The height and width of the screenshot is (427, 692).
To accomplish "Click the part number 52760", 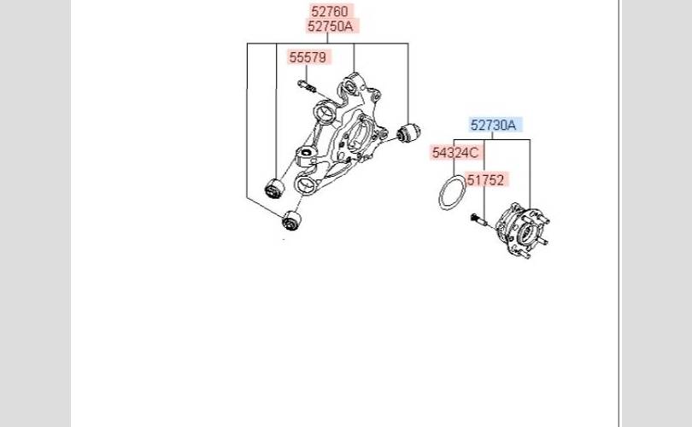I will pos(330,11).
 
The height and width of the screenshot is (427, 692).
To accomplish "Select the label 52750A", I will pos(330,26).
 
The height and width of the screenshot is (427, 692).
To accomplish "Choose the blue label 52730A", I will pos(494,125).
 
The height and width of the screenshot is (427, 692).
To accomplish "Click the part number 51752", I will pos(487,179).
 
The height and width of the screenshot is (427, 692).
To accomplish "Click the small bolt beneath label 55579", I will pos(307,85).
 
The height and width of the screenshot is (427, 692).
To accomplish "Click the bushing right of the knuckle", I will pos(410,133).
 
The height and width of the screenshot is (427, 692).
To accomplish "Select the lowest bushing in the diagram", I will pos(292,222).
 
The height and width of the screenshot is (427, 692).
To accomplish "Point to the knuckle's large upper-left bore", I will pos(325,112).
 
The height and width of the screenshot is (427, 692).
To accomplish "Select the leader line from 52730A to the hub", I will pos(529,171).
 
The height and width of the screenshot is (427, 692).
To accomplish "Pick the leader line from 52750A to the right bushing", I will pos(408,81).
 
